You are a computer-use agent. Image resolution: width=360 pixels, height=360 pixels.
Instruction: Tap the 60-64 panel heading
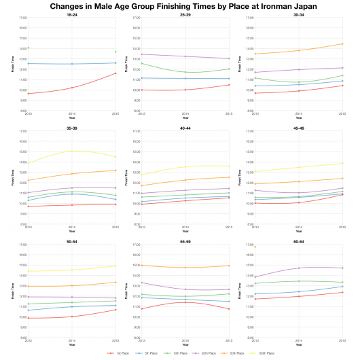pyautogui.click(x=297, y=240)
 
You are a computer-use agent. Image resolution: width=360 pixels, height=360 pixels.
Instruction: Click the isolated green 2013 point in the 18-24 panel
pyautogui.click(x=29, y=48)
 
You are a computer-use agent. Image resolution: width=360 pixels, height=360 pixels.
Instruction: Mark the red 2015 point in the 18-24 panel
pyautogui.click(x=115, y=73)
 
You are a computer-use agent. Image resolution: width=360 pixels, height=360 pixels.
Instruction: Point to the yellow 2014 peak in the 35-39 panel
pyautogui.click(x=72, y=151)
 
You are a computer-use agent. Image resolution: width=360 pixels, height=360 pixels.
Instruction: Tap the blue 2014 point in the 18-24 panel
pyautogui.click(x=72, y=64)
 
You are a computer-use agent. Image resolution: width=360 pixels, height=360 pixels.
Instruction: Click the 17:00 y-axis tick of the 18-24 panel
pyautogui.click(x=23, y=18)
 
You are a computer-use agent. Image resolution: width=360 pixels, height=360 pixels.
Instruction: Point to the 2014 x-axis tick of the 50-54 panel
pyautogui.click(x=72, y=341)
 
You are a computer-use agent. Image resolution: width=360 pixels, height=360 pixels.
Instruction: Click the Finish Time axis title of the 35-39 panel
pyautogui.click(x=13, y=178)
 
